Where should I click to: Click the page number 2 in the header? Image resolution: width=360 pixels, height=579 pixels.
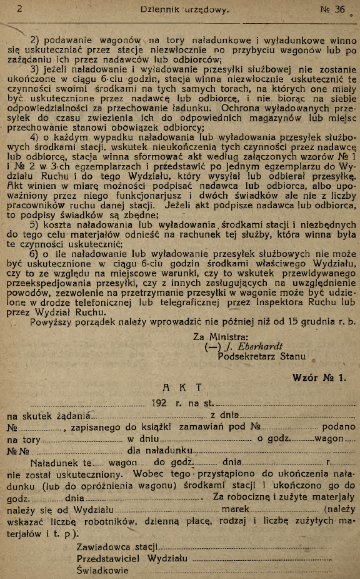[x=19, y=9]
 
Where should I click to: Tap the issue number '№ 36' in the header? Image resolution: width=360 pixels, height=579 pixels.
[x=332, y=9]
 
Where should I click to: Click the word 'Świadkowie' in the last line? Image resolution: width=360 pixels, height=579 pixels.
[x=102, y=570]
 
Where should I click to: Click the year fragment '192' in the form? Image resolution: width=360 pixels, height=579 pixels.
[x=159, y=403]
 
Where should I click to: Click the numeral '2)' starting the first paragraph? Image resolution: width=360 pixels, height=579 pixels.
[x=35, y=39]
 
